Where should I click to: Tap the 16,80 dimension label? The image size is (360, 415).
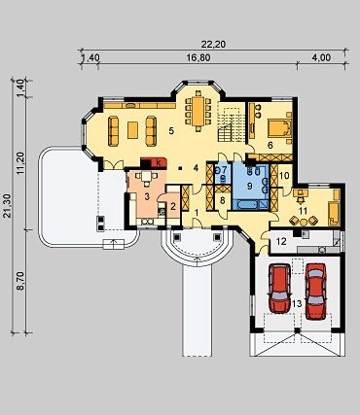198,57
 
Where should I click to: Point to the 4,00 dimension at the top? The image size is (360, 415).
322,57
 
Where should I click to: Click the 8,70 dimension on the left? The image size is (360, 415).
21,282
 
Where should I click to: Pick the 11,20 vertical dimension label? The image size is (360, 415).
21,164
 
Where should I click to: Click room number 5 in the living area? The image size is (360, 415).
171,131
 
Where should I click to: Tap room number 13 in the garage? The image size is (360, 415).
297,303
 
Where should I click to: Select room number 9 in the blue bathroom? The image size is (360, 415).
249,186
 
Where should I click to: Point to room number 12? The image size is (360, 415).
281,241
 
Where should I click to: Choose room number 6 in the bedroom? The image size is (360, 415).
270,145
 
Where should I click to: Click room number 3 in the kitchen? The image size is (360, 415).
147,196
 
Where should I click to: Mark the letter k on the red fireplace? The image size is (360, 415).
159,163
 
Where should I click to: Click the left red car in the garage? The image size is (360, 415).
279,289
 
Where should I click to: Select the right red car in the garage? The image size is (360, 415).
315,291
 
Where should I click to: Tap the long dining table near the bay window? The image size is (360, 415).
198,111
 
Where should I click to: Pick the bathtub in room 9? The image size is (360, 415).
249,205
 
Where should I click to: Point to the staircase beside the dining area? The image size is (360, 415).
231,124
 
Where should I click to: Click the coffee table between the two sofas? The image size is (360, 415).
132,130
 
